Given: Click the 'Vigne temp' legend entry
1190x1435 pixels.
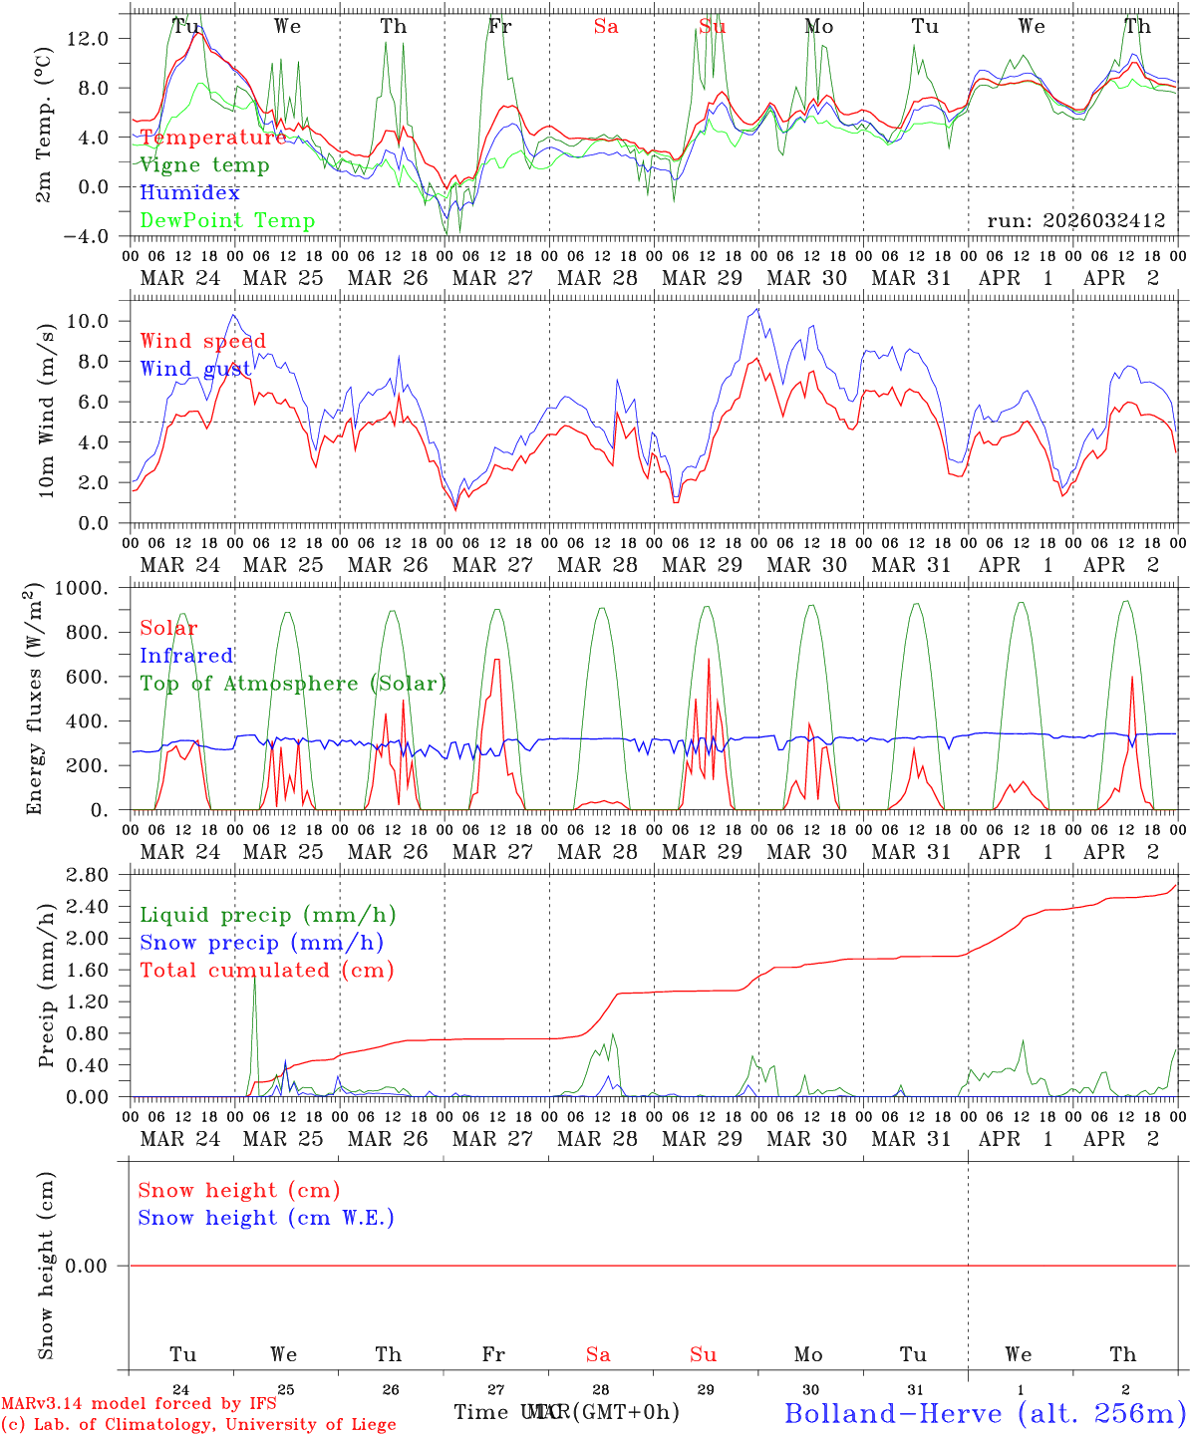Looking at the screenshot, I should pyautogui.click(x=204, y=165).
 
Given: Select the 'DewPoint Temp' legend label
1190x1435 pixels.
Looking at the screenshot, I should pyautogui.click(x=227, y=221).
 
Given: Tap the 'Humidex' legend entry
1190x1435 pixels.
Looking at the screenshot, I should pyautogui.click(x=189, y=193).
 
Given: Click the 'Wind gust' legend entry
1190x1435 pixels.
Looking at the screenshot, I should pyautogui.click(x=195, y=369).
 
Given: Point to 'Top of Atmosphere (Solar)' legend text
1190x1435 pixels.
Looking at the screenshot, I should pyautogui.click(x=293, y=684).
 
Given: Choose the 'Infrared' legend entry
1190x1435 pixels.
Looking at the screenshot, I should pyautogui.click(x=186, y=656).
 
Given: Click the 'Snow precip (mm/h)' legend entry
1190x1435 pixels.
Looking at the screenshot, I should pyautogui.click(x=261, y=943).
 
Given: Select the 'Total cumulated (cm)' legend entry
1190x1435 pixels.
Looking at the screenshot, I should pyautogui.click(x=266, y=971).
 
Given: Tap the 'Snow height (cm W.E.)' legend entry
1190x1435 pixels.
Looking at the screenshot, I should pyautogui.click(x=266, y=1218).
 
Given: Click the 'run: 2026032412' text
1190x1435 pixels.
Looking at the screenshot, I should pyautogui.click(x=1075, y=221).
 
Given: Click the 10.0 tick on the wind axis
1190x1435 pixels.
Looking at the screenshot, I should pyautogui.click(x=90, y=321).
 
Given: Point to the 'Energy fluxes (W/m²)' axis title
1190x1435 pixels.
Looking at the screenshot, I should pyautogui.click(x=37, y=698).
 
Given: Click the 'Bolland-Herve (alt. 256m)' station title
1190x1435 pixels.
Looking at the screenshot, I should pyautogui.click(x=985, y=1412).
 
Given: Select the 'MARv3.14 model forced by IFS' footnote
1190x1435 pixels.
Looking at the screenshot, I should pyautogui.click(x=139, y=1403).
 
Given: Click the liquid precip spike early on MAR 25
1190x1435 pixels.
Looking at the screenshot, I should pyautogui.click(x=254, y=982).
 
